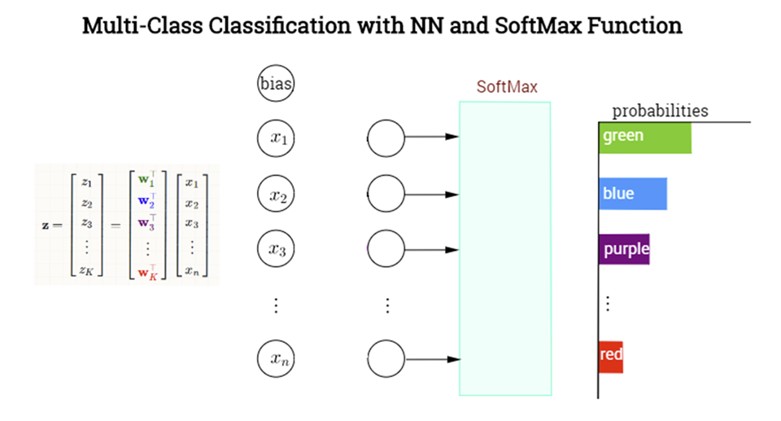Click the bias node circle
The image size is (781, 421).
tap(276, 84)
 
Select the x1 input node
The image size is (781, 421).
tap(277, 138)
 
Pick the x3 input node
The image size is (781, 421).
tap(277, 249)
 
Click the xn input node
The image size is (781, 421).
tap(277, 358)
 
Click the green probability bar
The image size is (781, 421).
tap(644, 137)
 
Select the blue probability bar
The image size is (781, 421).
tap(633, 194)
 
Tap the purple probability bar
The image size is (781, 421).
tap(625, 249)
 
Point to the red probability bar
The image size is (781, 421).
tap(611, 355)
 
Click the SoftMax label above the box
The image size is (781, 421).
tap(507, 86)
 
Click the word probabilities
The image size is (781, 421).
tap(660, 111)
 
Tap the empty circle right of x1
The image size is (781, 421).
tap(386, 138)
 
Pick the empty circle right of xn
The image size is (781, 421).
tap(386, 358)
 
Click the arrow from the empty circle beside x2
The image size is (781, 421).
tap(431, 194)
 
